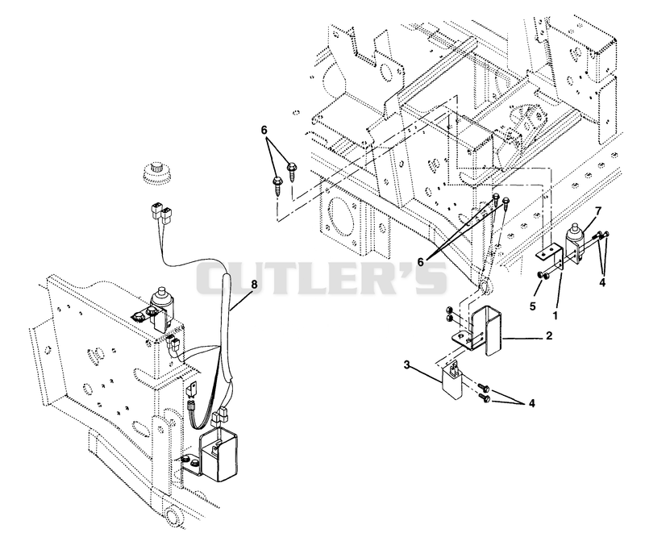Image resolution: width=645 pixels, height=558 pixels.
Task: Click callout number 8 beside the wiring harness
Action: point(254,284)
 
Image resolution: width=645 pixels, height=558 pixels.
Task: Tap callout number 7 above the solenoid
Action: point(597,211)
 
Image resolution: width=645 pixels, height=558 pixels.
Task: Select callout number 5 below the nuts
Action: point(533,306)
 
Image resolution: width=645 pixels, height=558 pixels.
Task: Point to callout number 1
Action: point(556,315)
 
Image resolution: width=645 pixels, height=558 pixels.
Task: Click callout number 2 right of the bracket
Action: point(549,335)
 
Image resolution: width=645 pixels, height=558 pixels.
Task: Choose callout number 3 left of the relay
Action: point(407,364)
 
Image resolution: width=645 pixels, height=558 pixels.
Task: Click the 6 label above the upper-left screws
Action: point(264,130)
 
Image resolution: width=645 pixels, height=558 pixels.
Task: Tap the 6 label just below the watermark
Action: point(420,262)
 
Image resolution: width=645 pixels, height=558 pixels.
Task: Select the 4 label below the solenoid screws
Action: point(602,283)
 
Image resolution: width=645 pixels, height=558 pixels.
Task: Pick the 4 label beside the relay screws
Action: point(532,404)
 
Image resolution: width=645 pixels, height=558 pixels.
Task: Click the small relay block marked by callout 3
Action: point(452,379)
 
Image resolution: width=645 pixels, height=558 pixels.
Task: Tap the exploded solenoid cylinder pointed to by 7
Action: point(575,242)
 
